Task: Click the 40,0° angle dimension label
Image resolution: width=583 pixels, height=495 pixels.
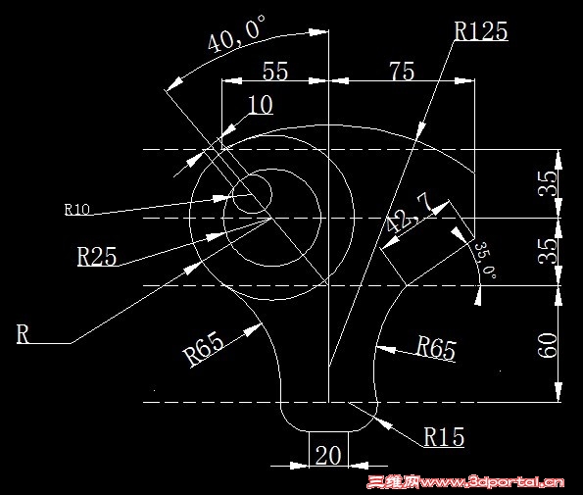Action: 236,33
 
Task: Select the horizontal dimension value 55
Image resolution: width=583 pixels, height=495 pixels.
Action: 275,71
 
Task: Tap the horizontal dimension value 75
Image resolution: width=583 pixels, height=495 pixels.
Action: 402,71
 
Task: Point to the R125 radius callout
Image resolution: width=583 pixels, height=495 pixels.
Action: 481,30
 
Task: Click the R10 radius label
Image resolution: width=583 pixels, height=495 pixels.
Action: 77,210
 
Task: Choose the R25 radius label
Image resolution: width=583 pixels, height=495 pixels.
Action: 97,256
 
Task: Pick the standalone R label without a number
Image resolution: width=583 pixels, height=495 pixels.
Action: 23,333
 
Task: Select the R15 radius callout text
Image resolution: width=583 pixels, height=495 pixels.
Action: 444,436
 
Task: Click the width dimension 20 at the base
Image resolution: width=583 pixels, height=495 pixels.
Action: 328,455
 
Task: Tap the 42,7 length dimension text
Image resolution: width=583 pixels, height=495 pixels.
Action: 408,213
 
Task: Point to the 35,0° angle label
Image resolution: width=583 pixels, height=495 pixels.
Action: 486,260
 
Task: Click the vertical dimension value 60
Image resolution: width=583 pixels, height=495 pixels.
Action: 548,345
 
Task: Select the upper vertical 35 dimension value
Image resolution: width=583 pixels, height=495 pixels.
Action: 548,183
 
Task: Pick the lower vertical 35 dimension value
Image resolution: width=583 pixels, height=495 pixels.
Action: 548,251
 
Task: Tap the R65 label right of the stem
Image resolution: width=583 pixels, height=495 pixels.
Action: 436,347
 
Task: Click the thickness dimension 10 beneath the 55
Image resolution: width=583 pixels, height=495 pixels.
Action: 261,105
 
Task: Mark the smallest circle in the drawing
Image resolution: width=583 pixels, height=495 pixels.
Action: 252,193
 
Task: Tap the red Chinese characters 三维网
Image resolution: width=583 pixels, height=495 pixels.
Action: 393,482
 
